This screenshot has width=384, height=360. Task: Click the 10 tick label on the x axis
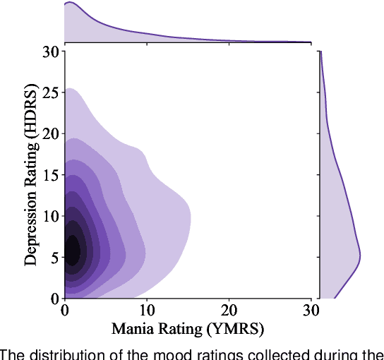[147, 311]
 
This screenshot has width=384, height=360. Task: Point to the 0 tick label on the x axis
[65, 311]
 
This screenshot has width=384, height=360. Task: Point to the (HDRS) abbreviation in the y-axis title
[31, 114]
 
